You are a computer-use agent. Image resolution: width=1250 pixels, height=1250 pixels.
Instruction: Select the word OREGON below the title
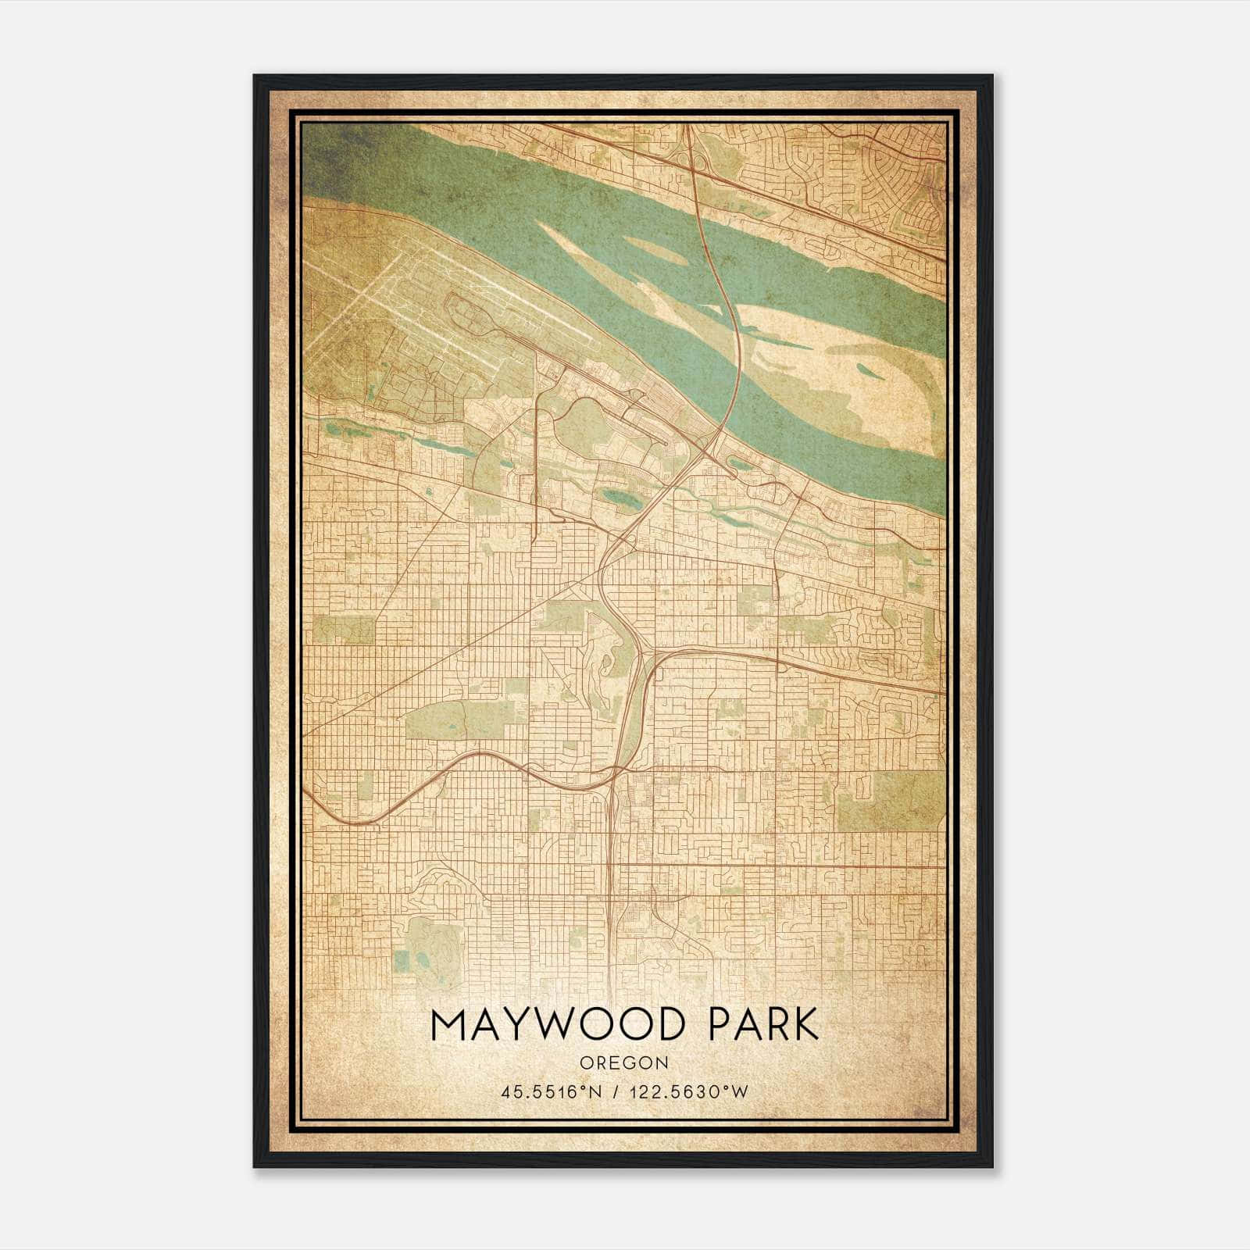tap(624, 1062)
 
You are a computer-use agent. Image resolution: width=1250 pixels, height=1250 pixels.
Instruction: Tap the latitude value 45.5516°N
tap(551, 1092)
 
